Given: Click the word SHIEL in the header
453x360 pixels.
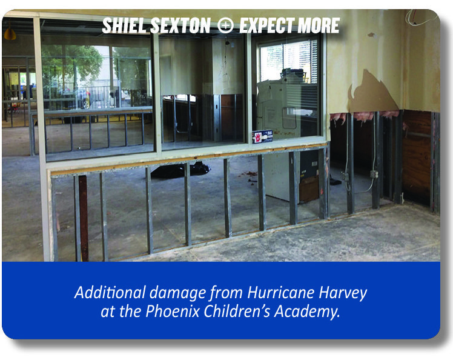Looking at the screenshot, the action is pos(125,25).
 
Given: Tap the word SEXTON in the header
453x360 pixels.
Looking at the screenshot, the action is pos(180,25).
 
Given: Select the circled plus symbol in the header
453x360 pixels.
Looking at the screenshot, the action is pos(225,25).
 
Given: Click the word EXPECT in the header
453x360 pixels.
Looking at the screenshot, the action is pos(266,25).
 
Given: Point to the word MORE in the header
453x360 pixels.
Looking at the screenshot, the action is pos(318,25).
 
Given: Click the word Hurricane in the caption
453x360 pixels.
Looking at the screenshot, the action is pos(281,292).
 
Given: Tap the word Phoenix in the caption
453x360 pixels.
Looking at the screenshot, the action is pos(173,312).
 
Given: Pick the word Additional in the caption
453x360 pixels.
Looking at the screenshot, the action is pos(110,292).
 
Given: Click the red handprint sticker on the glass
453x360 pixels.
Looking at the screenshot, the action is pos(257,137).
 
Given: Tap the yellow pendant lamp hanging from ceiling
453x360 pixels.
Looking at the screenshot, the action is pos(10,33).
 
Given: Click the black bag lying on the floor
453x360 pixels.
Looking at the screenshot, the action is pos(180,170).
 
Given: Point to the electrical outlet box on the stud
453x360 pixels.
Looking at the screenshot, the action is pos(374,174).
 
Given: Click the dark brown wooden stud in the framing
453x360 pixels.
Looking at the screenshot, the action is pos(84,218).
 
